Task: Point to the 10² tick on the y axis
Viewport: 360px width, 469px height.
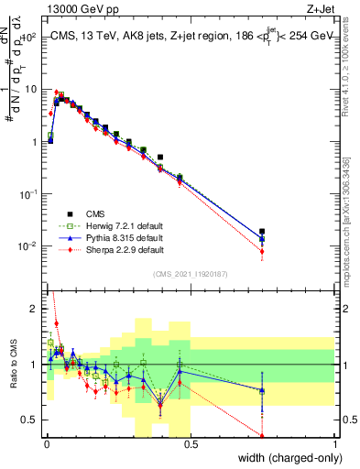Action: pyautogui.click(x=29, y=38)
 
